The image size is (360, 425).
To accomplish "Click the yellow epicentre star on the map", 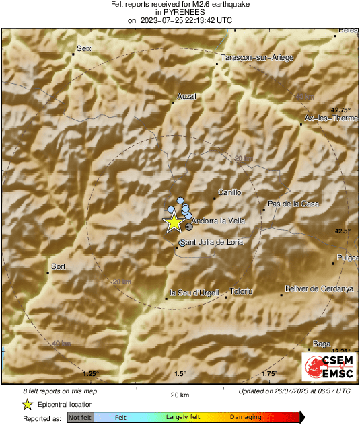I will coord(174,222).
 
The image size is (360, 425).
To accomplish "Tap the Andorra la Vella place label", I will coord(214,220).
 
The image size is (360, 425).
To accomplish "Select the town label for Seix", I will coord(84,48).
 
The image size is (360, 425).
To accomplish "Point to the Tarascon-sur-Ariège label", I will coord(257,58).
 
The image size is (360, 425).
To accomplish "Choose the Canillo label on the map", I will coord(229,192).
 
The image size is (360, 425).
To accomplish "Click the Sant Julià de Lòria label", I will coord(211,242).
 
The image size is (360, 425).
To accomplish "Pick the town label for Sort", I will coord(59,267).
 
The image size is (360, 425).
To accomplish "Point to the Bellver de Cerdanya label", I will coord(320,288).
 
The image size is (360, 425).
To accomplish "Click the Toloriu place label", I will coord(241,291).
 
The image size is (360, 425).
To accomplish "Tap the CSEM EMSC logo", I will coord(326,367).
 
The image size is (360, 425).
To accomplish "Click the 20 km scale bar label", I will coord(180,395).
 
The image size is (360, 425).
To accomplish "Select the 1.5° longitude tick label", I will coord(180,374).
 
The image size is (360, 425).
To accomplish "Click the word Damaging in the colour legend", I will coord(246,418).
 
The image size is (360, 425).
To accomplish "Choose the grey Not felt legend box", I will coord(81,418).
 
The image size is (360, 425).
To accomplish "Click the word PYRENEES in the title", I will coord(180,12).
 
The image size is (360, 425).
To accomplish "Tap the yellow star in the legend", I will coord(27,404).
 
